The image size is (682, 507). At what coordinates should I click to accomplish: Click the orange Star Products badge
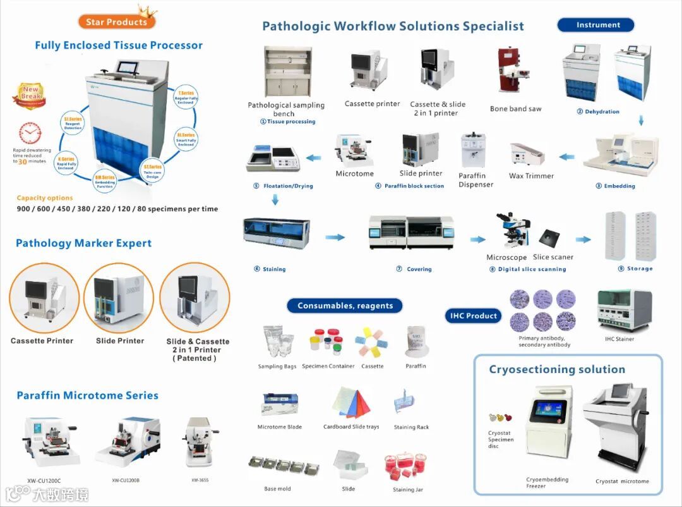tap(117, 21)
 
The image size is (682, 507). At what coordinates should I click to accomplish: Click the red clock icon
tap(30, 133)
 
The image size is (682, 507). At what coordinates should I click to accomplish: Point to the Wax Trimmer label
tap(531, 176)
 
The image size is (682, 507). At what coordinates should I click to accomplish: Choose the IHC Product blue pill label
tap(474, 315)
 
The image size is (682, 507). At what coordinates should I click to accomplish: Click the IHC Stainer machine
tap(623, 312)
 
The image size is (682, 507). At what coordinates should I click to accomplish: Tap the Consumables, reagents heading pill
tap(345, 306)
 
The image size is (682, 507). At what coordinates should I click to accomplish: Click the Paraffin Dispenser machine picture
tap(473, 150)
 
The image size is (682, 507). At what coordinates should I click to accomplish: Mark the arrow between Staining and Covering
tap(335, 237)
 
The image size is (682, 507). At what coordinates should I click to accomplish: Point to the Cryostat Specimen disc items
tap(500, 418)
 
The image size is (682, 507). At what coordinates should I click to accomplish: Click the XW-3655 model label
tap(200, 480)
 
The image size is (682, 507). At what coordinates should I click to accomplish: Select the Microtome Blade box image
tap(279, 405)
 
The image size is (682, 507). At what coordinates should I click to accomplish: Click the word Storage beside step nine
tap(640, 269)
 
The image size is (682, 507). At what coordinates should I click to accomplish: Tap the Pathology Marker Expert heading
tap(83, 243)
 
